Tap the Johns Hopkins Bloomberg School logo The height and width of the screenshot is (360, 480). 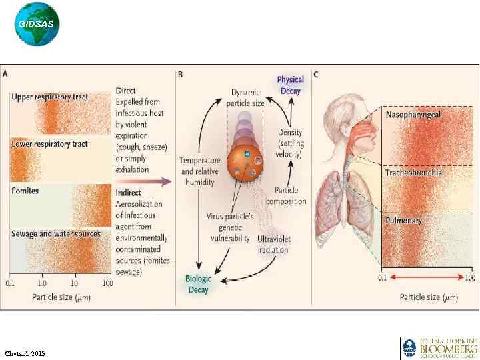[439, 348]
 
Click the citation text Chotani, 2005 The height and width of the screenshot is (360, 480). [25, 353]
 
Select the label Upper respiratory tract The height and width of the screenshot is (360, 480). [50, 97]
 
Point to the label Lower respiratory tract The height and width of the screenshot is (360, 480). [50, 144]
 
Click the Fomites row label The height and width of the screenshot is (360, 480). [25, 191]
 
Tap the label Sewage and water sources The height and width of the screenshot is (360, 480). [56, 234]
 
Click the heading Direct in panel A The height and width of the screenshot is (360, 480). [126, 91]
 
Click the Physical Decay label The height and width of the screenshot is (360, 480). [291, 85]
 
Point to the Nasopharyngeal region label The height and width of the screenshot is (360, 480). [413, 115]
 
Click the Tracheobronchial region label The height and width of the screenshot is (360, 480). [415, 173]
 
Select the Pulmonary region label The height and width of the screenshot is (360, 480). [404, 220]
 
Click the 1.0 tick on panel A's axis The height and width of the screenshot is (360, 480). [43, 283]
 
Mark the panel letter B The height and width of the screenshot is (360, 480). [180, 75]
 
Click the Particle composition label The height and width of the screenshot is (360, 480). [286, 196]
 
